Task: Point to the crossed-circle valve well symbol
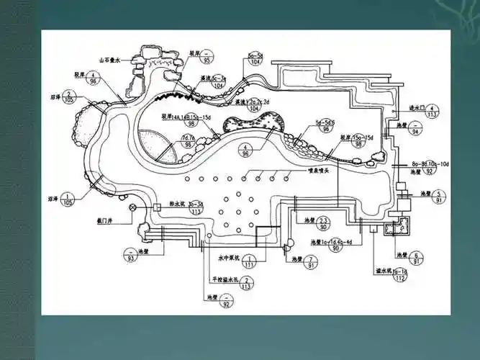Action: tap(132, 208)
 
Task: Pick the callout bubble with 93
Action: tap(132, 255)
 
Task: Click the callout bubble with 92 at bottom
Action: tap(227, 301)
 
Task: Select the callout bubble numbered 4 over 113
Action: tap(433, 110)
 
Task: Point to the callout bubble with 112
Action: tap(401, 275)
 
